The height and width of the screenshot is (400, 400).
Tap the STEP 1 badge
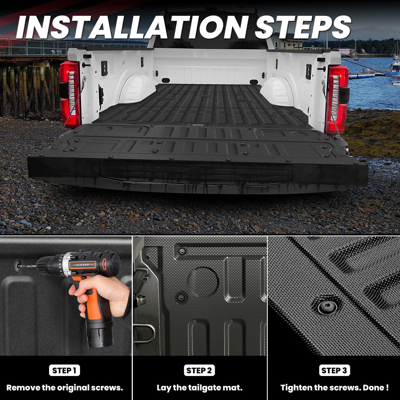65,370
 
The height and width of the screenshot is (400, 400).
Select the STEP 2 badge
199,370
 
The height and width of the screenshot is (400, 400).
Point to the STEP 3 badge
334,370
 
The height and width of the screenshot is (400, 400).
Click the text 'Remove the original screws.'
65,388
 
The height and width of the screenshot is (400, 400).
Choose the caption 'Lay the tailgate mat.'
199,388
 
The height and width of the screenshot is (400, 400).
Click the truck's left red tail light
70,94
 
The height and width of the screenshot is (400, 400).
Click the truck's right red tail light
336,99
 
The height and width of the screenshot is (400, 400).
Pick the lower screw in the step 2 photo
181,298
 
